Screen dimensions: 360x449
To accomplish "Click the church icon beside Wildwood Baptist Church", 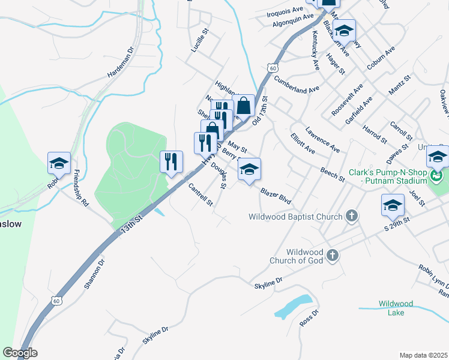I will pos(352,216).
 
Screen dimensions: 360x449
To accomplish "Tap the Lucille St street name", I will pos(199,40).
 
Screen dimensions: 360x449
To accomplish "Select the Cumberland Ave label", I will pos(297,84).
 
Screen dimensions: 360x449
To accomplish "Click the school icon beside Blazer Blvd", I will pos(250,169).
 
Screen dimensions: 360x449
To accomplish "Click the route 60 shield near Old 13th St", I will pos(273,68).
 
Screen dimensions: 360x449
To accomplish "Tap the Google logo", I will pos(20,353).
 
